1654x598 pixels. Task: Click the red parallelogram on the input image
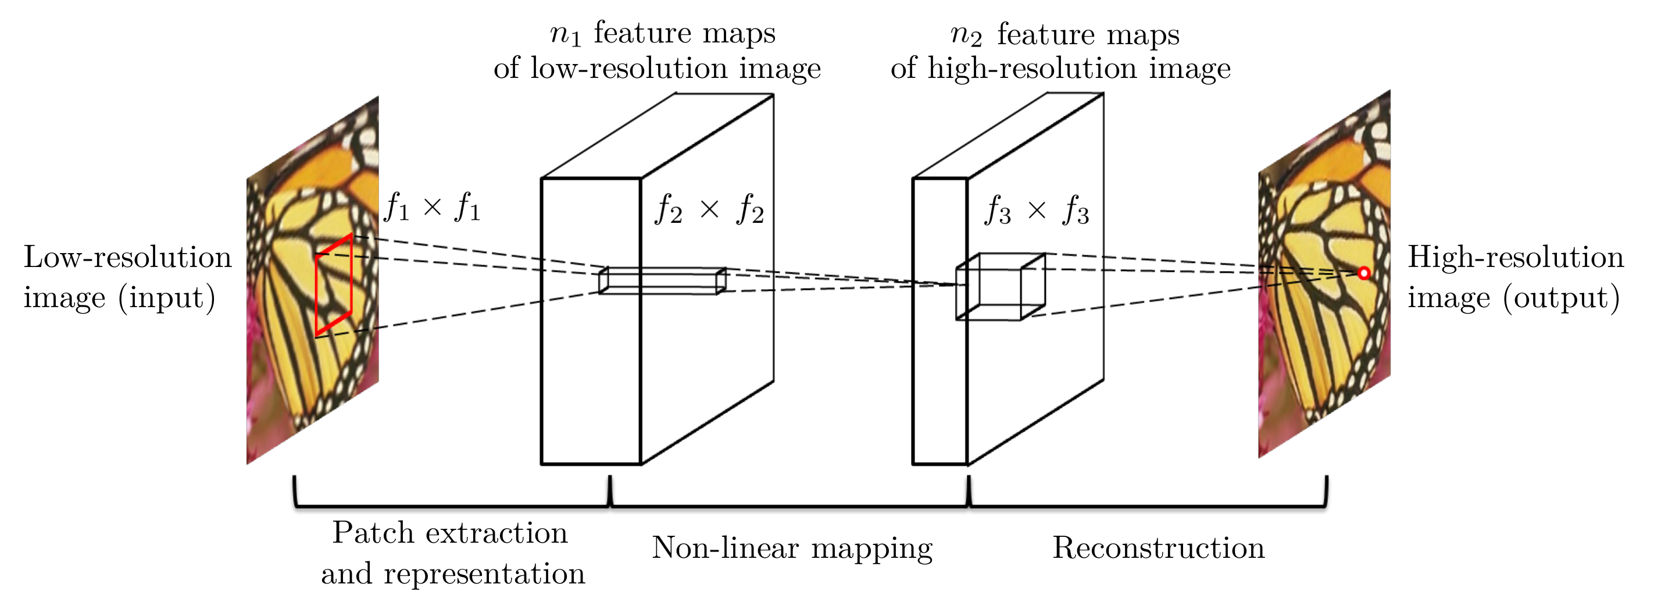[x=334, y=285]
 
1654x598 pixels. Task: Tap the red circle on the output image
[x=1364, y=273]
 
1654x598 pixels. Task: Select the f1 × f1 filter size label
[x=432, y=207]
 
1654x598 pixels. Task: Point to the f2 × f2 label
[x=709, y=209]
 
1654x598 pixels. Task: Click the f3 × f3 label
[x=1037, y=211]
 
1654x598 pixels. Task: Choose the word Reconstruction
[x=1158, y=548]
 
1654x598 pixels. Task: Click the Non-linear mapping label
[x=792, y=548]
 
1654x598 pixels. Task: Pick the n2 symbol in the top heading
[x=966, y=35]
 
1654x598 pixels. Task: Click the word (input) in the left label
[x=167, y=298]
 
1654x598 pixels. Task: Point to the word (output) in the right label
[x=1562, y=298]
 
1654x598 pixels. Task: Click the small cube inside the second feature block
[x=1001, y=286]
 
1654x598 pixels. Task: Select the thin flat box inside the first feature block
[x=662, y=281]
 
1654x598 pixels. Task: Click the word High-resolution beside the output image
[x=1515, y=258]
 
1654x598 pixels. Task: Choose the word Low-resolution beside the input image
[x=128, y=258]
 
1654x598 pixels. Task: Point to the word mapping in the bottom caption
[x=871, y=549]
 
